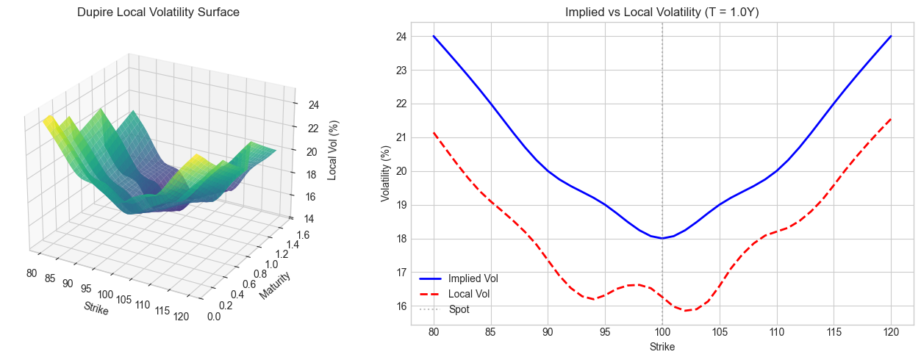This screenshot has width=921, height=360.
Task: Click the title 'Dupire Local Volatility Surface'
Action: [x=158, y=12]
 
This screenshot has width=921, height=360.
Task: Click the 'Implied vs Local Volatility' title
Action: [x=662, y=12]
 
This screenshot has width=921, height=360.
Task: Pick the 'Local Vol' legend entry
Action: [x=468, y=294]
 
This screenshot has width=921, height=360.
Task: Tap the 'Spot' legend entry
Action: [x=459, y=309]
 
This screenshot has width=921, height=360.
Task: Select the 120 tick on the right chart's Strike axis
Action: [x=891, y=332]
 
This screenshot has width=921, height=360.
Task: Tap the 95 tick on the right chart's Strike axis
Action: [x=605, y=332]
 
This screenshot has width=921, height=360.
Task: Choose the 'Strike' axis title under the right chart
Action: [x=662, y=347]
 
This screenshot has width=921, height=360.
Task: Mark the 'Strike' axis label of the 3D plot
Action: [x=96, y=309]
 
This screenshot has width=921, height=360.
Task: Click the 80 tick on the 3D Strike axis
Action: [x=32, y=273]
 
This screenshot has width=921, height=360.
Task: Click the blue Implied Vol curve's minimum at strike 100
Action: [x=662, y=238]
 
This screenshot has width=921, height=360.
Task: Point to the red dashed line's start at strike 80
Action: [x=434, y=133]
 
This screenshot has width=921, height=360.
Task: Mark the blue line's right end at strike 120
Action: [x=891, y=36]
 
